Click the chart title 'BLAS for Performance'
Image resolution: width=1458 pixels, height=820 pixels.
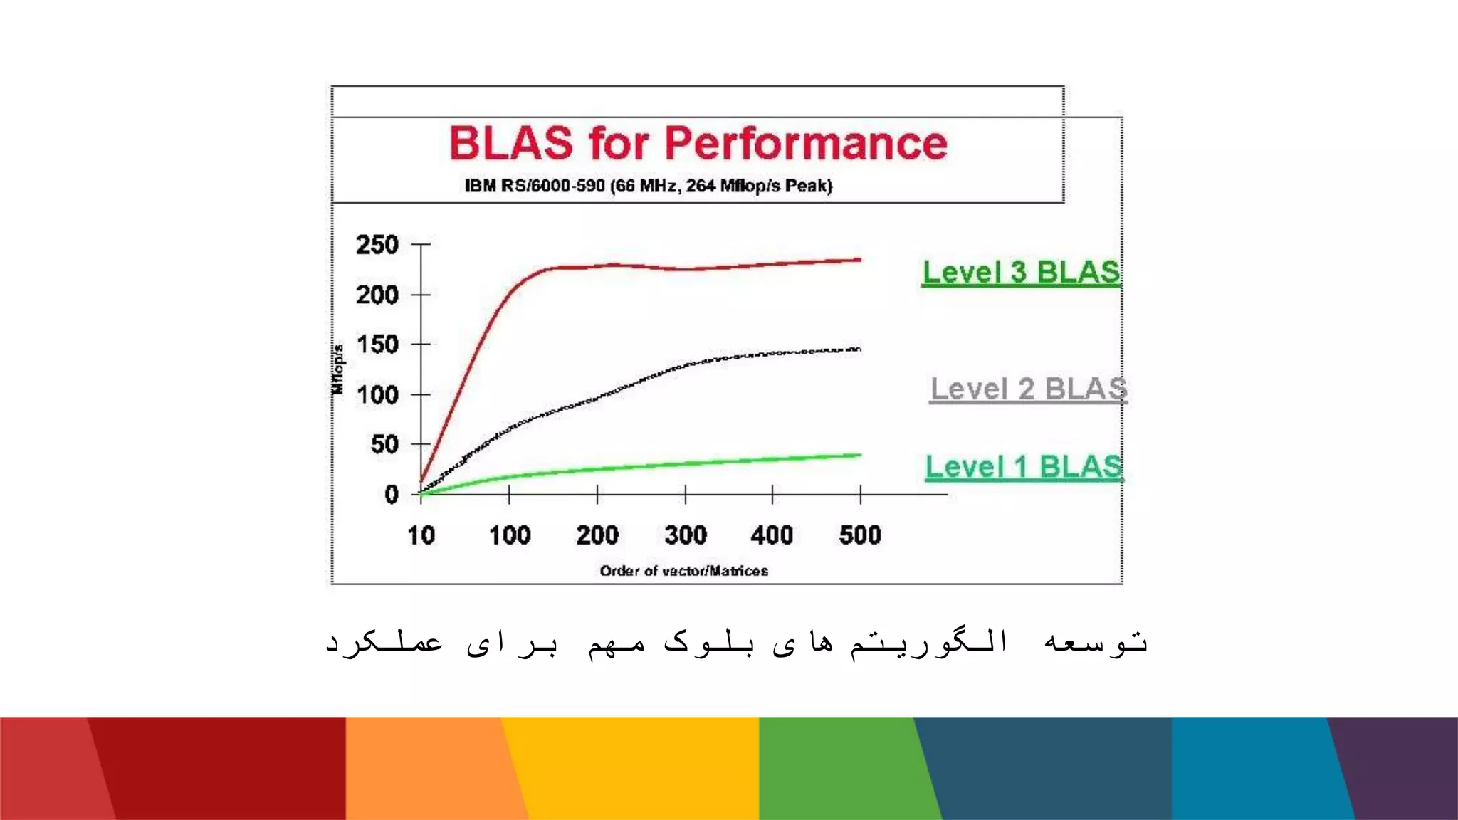(698, 144)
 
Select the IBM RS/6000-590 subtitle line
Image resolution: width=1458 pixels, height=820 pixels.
(648, 186)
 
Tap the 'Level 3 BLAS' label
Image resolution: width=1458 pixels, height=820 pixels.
(1021, 273)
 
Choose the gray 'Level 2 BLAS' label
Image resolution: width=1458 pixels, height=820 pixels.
(1029, 389)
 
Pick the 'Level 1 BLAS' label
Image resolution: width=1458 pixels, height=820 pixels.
(1024, 467)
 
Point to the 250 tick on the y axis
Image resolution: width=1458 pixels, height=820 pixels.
(377, 245)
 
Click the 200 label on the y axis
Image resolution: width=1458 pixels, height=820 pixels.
(377, 295)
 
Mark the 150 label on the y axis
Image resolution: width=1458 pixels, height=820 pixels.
(377, 345)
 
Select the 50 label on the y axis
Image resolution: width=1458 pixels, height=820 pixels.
(384, 444)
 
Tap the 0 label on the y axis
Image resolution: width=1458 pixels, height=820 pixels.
(392, 494)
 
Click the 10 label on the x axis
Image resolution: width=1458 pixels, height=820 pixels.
(421, 535)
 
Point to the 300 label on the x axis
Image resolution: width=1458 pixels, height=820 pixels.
(686, 535)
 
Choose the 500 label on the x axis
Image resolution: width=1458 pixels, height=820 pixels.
(860, 535)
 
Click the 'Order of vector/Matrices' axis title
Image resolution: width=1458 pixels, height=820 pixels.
(683, 571)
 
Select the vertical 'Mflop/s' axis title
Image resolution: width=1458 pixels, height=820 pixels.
(338, 369)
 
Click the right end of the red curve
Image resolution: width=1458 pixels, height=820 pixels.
(859, 260)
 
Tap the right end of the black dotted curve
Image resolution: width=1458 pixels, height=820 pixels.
(859, 349)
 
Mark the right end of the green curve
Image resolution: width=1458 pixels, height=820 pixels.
(859, 455)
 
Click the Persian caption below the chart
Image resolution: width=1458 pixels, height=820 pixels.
(736, 642)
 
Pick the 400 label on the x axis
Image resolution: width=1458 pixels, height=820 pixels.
(772, 535)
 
